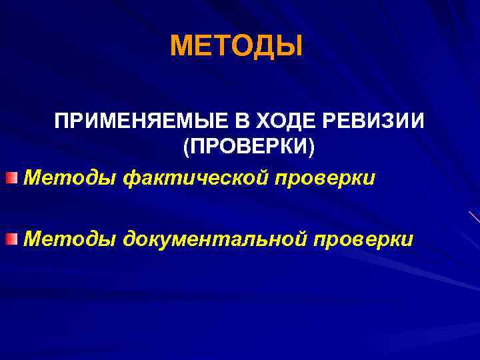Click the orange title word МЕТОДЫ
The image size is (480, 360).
(x=236, y=47)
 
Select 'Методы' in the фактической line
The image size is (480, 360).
(x=69, y=179)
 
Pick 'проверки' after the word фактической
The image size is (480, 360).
(x=329, y=179)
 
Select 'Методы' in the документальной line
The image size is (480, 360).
(x=69, y=239)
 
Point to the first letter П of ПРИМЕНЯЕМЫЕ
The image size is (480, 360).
(x=61, y=123)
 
